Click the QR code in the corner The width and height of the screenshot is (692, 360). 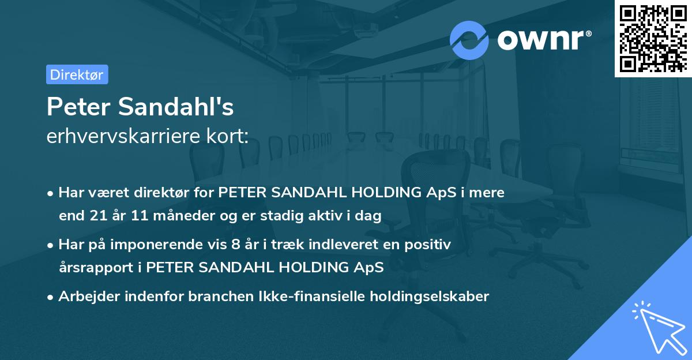coord(653,39)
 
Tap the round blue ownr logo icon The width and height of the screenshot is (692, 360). coord(469,40)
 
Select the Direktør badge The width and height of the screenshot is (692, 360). coord(77,74)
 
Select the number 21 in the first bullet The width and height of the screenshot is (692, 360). coord(98,216)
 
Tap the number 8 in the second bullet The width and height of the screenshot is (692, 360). coord(234,245)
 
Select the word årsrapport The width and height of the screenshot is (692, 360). coord(93,268)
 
